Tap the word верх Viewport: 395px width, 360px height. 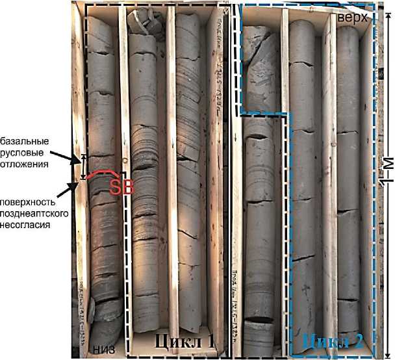click(x=353, y=19)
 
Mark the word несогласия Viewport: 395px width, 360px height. click(x=29, y=225)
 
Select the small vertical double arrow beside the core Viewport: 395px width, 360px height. click(x=83, y=166)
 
